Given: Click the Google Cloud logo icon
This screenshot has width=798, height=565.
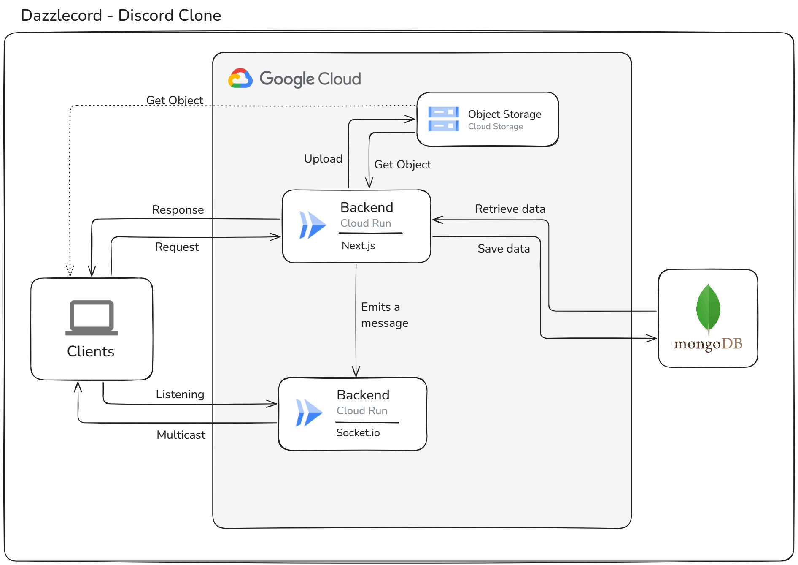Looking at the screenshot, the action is [x=240, y=78].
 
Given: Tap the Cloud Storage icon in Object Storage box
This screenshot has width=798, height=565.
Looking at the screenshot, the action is [x=443, y=119].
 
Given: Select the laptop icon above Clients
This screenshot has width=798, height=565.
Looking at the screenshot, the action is [x=92, y=318].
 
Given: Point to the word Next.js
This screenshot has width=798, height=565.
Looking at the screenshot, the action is [x=358, y=245].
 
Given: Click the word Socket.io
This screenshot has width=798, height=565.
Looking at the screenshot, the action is [x=358, y=433].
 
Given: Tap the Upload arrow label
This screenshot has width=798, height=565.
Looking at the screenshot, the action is [x=323, y=159].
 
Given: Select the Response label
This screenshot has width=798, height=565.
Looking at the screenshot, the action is [x=178, y=210].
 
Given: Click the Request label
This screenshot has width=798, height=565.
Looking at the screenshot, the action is [x=177, y=247].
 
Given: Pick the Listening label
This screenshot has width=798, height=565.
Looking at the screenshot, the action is [x=180, y=394].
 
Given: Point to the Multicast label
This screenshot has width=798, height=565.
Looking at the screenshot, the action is [x=181, y=435].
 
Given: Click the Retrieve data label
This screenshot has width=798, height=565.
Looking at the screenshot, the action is [x=510, y=209].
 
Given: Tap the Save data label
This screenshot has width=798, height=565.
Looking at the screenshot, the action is [x=504, y=249].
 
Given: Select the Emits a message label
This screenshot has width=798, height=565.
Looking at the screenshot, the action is [x=385, y=315].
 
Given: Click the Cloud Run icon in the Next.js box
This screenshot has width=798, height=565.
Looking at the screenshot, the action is [x=313, y=225].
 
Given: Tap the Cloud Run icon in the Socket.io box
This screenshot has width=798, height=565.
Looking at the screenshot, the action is [x=309, y=413].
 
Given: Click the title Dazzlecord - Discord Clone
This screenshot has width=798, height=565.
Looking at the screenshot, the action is [x=121, y=15].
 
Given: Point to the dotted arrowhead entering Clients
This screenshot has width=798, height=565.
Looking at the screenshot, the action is [x=70, y=270].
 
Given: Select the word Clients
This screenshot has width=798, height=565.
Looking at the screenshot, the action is [x=91, y=351].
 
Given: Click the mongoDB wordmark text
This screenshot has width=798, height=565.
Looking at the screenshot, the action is [x=708, y=344].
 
